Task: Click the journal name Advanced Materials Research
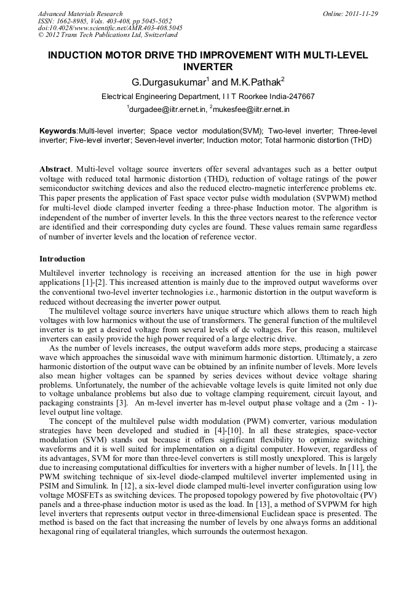click(x=80, y=14)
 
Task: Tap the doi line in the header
click(x=110, y=28)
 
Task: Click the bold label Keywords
click(x=58, y=131)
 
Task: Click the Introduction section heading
click(x=62, y=259)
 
